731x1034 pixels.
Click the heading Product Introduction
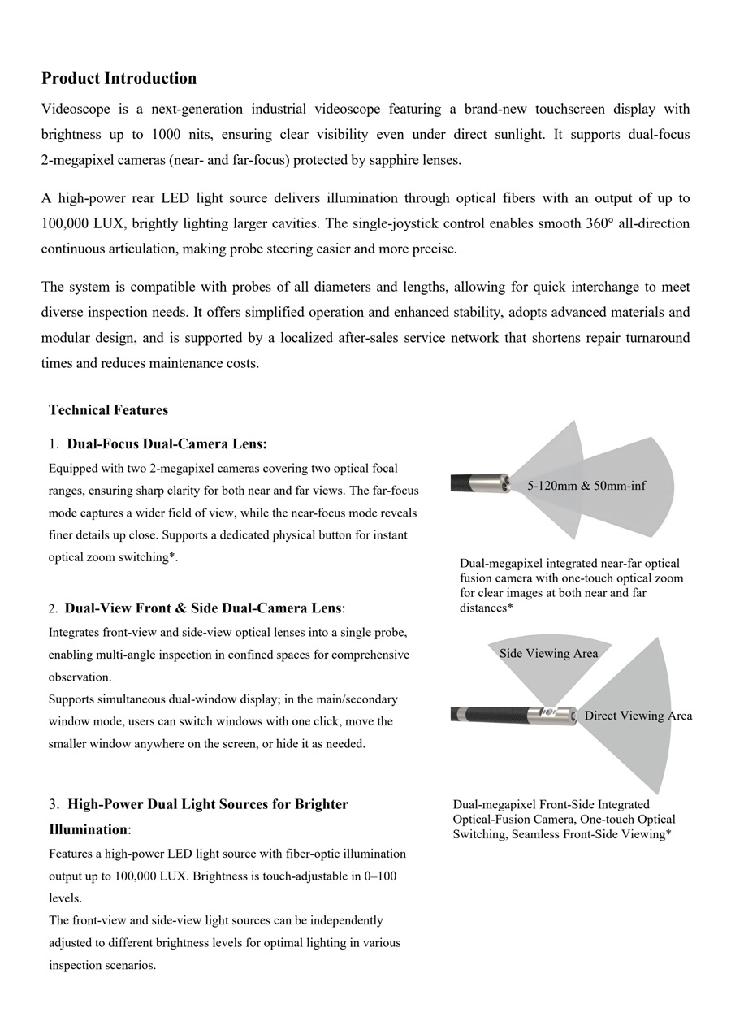click(x=119, y=79)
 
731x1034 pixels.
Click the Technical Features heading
click(x=108, y=410)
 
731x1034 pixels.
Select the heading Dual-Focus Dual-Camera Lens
click(x=167, y=444)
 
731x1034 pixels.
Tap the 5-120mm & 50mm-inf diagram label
click(x=586, y=487)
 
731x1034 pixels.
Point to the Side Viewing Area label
click(x=548, y=654)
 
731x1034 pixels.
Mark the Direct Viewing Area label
click(x=638, y=716)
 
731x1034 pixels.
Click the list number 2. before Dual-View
click(x=53, y=608)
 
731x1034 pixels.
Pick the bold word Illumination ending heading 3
click(x=88, y=829)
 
